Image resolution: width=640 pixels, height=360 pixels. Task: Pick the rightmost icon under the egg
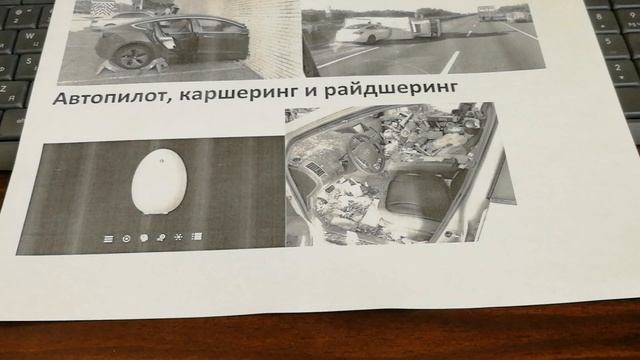[197, 237]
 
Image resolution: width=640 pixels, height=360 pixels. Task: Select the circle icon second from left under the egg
[126, 238]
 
